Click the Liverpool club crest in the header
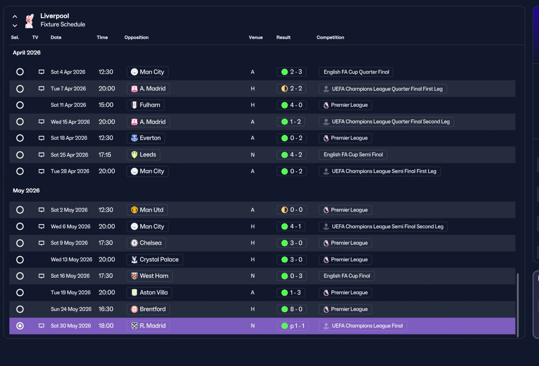(x=29, y=21)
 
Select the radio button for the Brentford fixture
(x=20, y=309)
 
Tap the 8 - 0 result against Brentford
(x=292, y=309)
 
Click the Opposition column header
(x=136, y=37)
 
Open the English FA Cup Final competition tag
(x=347, y=276)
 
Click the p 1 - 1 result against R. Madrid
(x=293, y=326)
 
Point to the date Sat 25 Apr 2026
(x=69, y=155)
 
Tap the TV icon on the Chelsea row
(x=41, y=243)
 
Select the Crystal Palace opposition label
(x=155, y=260)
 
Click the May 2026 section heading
(x=26, y=191)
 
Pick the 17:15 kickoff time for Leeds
(x=105, y=155)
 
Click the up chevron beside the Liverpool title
(x=15, y=16)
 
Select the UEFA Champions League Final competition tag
(x=363, y=326)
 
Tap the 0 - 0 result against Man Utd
(x=292, y=210)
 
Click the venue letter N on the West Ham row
(x=253, y=276)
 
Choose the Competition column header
(x=330, y=37)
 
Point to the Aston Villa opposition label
(x=149, y=292)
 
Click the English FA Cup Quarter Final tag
(x=356, y=72)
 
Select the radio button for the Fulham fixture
(x=20, y=105)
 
